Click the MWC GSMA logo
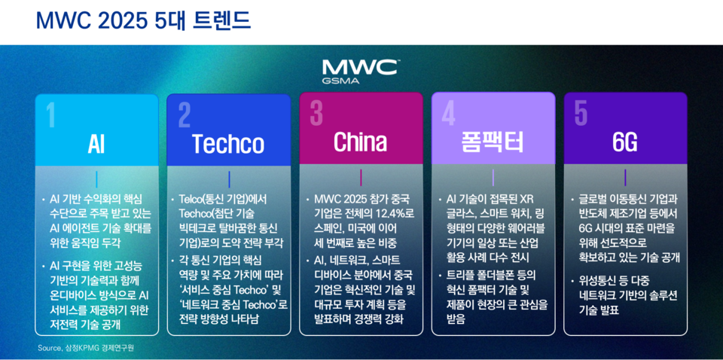click(x=361, y=71)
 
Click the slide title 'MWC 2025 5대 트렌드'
click(x=143, y=20)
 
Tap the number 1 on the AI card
click(x=50, y=115)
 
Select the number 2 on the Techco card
click(x=185, y=115)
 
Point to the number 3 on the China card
click(x=316, y=114)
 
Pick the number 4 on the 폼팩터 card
click(x=448, y=115)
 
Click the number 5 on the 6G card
click(x=581, y=114)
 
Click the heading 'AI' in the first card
click(x=96, y=143)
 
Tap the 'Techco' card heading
click(x=228, y=143)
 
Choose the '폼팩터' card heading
click(x=493, y=142)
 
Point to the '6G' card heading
click(x=624, y=143)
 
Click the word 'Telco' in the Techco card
click(x=192, y=199)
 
